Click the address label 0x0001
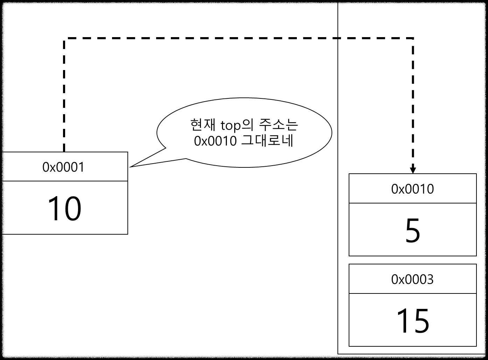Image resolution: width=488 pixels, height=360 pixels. point(64,167)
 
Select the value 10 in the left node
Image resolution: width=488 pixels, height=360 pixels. point(64,209)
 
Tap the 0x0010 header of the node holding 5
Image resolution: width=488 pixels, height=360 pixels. point(412,189)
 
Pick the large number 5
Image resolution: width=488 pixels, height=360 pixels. point(412,231)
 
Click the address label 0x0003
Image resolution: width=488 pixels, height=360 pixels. point(412,279)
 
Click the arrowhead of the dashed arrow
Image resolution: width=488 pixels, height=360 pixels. point(413,170)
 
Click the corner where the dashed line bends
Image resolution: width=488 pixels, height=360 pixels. point(413,38)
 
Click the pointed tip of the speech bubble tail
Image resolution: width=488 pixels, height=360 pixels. point(134,166)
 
